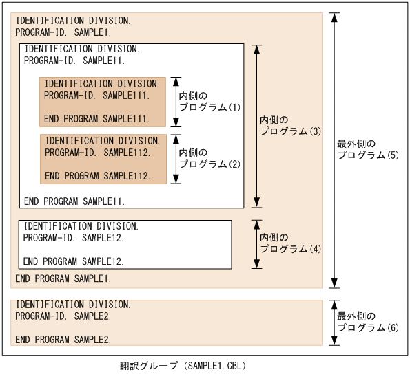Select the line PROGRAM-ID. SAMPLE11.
[74, 60]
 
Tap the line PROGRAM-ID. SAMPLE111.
[96, 96]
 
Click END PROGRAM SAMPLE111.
[96, 119]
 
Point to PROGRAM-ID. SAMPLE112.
[96, 152]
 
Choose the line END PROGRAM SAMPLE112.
[96, 176]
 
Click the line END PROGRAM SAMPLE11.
[74, 201]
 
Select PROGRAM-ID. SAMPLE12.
[74, 238]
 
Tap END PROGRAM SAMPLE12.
[74, 261]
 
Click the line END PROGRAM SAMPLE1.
[63, 278]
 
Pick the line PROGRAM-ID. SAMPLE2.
[63, 316]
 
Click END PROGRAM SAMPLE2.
[63, 340]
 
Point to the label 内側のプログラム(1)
[209, 102]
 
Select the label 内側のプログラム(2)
[209, 158]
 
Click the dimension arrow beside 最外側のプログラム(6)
[334, 322]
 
